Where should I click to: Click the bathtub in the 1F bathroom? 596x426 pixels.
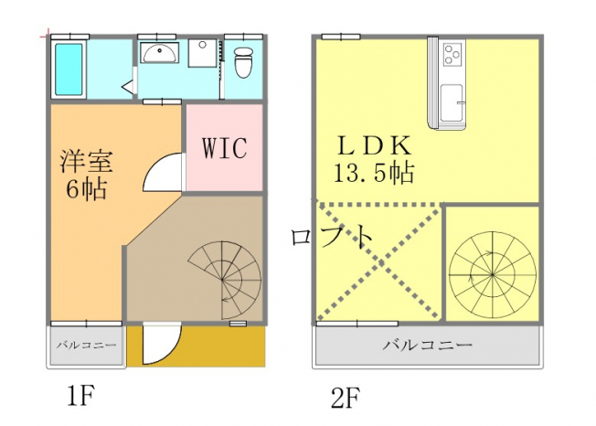pyautogui.click(x=69, y=69)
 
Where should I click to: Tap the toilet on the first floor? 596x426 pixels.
pyautogui.click(x=244, y=62)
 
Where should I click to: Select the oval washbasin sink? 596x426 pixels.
pyautogui.click(x=160, y=53)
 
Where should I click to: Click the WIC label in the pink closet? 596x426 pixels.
pyautogui.click(x=225, y=148)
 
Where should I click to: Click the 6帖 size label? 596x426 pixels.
pyautogui.click(x=86, y=188)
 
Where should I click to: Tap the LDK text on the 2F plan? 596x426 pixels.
pyautogui.click(x=375, y=145)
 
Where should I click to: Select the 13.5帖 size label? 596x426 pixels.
pyautogui.click(x=374, y=173)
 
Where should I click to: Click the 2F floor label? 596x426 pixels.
pyautogui.click(x=346, y=397)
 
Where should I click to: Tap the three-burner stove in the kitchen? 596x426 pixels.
pyautogui.click(x=453, y=53)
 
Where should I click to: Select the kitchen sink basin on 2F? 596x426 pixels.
pyautogui.click(x=452, y=102)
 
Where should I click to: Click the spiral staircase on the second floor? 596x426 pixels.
pyautogui.click(x=492, y=273)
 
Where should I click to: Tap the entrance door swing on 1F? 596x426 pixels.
pyautogui.click(x=161, y=344)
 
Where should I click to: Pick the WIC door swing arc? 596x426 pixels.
pyautogui.click(x=163, y=171)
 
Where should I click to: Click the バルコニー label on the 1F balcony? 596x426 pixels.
pyautogui.click(x=86, y=345)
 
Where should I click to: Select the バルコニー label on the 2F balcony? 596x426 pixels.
pyautogui.click(x=427, y=345)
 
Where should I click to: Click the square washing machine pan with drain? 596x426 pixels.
pyautogui.click(x=203, y=53)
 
